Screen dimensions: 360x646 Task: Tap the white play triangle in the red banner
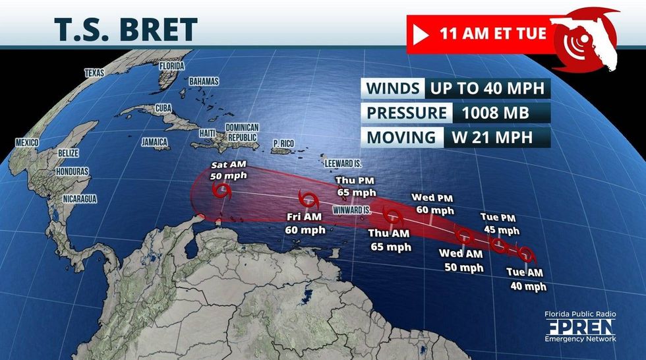pos(420,34)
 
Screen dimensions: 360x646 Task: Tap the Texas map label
pos(94,73)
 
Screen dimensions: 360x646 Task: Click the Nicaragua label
pos(79,198)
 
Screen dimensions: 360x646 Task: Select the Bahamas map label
pos(203,81)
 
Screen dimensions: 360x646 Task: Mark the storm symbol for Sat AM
pos(223,192)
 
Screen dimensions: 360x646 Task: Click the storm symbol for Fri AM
pos(307,198)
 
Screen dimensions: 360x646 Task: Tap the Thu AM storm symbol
pos(394,216)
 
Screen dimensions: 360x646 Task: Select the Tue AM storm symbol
pos(525,253)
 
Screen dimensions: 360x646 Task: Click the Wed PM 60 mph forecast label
pos(432,204)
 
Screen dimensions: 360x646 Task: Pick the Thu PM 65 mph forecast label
pos(355,187)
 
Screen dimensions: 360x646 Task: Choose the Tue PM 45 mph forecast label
pos(499,224)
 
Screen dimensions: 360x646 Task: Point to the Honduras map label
pos(73,171)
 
